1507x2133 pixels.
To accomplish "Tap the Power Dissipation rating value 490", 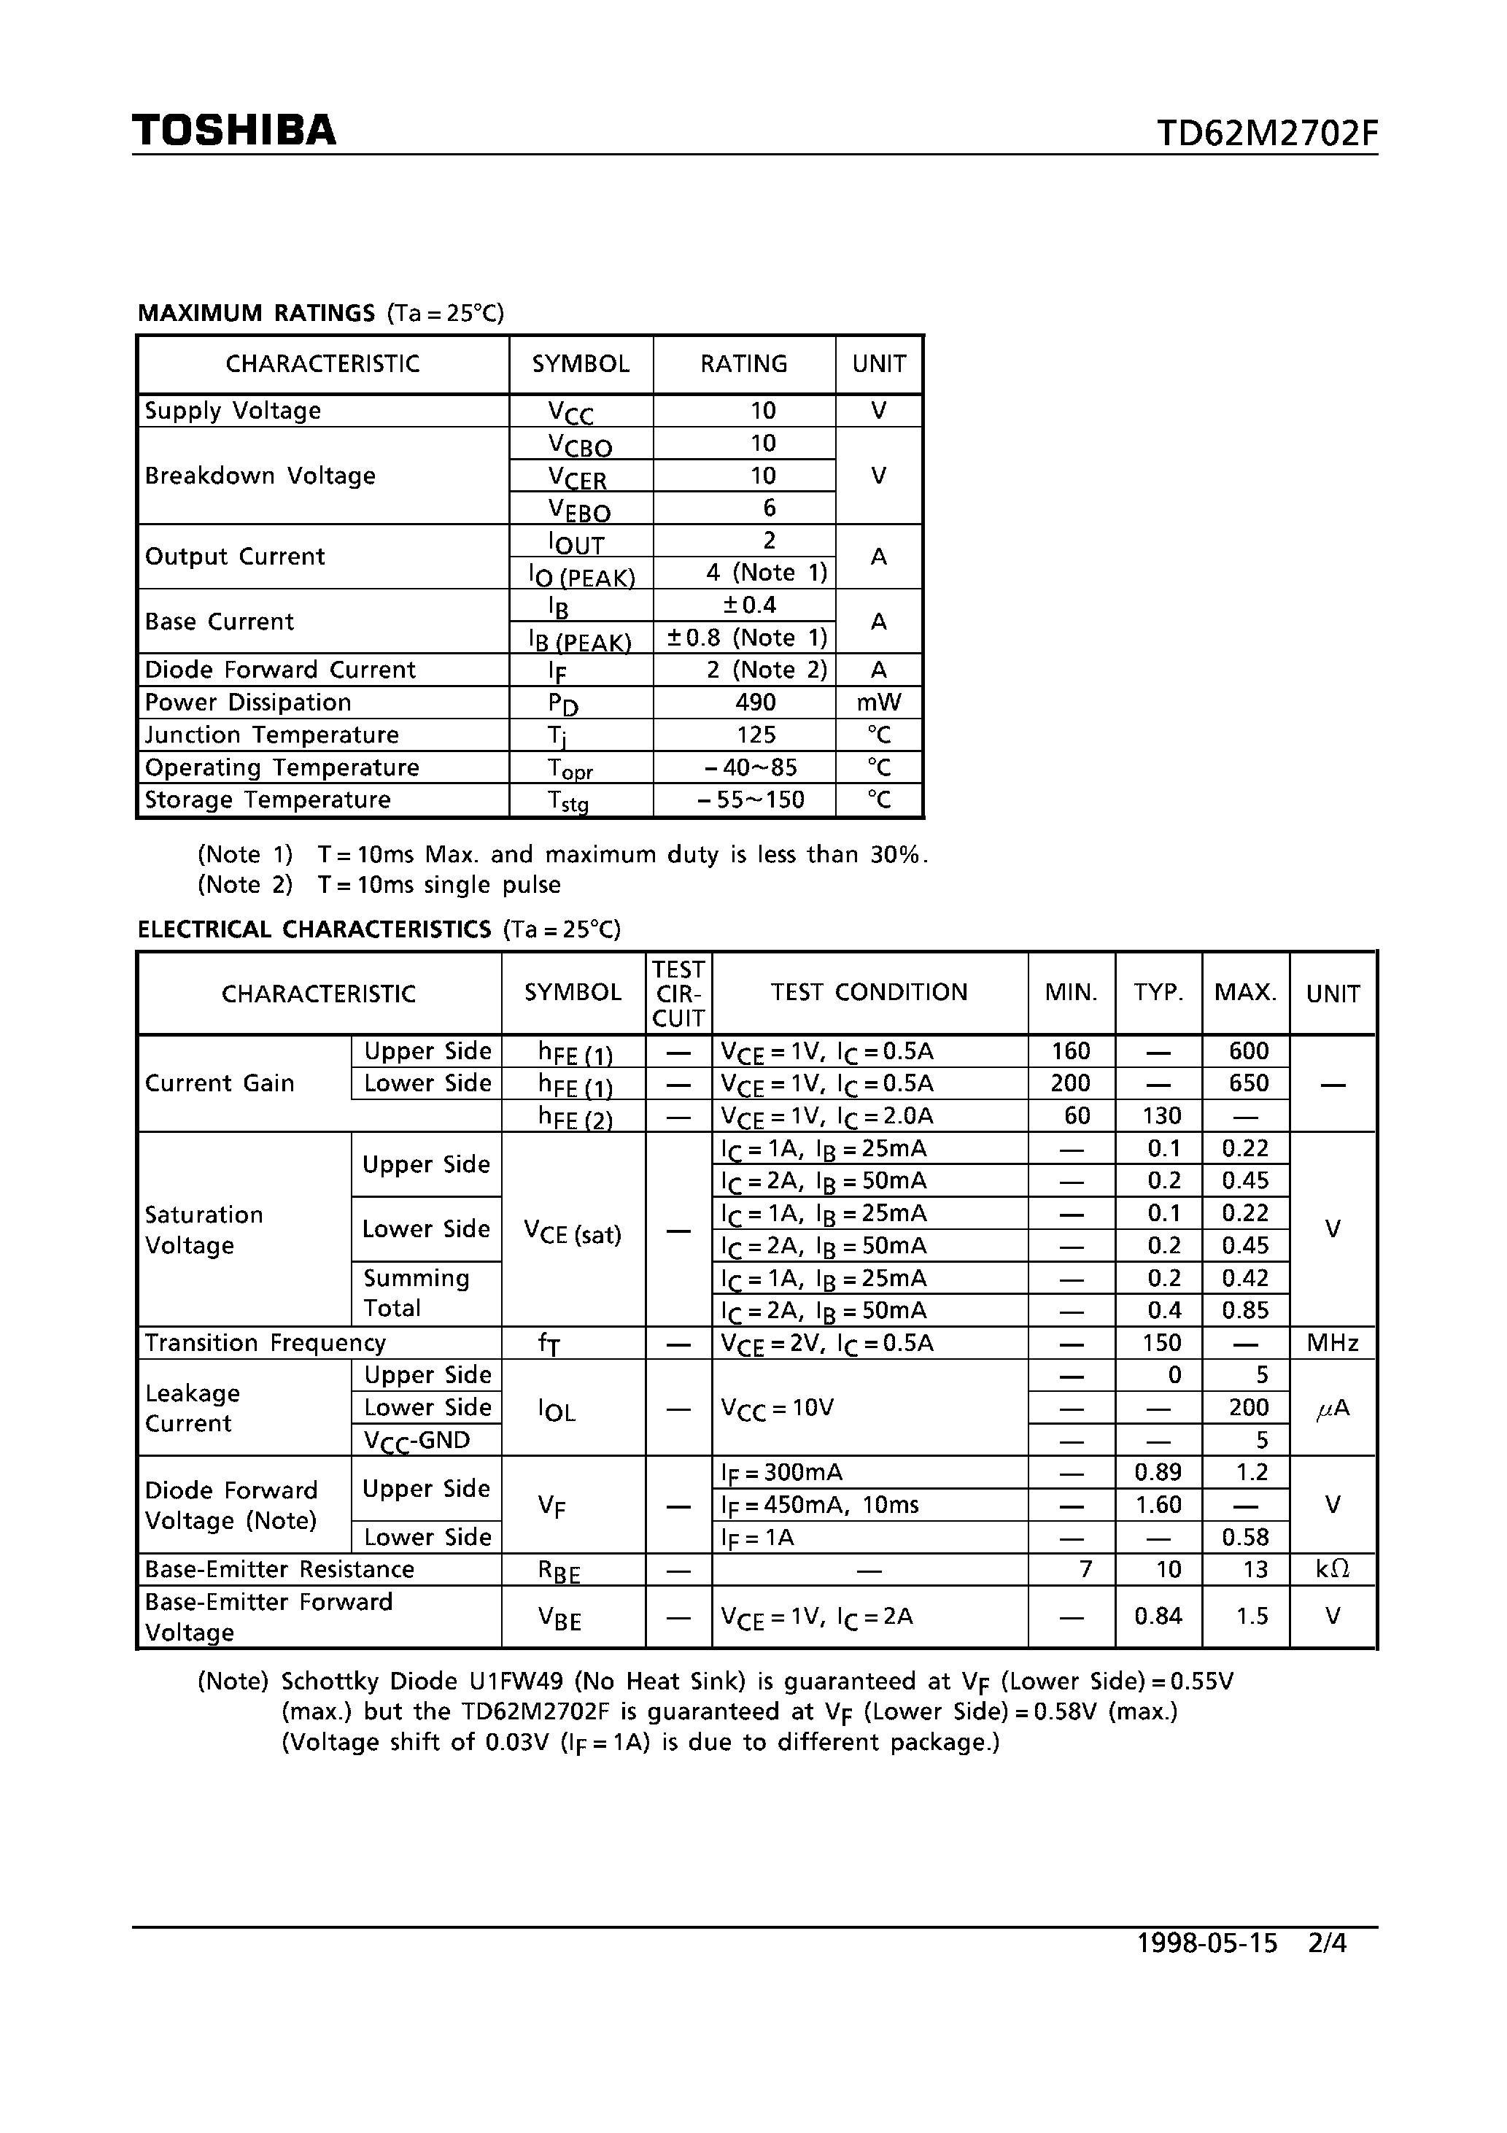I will (x=756, y=702).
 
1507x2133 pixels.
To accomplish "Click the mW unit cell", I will (x=879, y=702).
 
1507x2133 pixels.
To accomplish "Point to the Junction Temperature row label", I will (x=271, y=735).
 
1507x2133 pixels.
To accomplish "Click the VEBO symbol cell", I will (x=580, y=509).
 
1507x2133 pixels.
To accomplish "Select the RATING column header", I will (x=743, y=363).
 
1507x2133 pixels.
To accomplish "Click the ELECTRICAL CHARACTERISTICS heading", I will (x=314, y=929).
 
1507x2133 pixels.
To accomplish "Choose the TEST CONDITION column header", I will (x=869, y=992).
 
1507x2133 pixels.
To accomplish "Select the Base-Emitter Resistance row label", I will (x=279, y=1569).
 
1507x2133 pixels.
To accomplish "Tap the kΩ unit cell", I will (x=1333, y=1569).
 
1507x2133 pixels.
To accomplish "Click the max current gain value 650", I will (x=1248, y=1083).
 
